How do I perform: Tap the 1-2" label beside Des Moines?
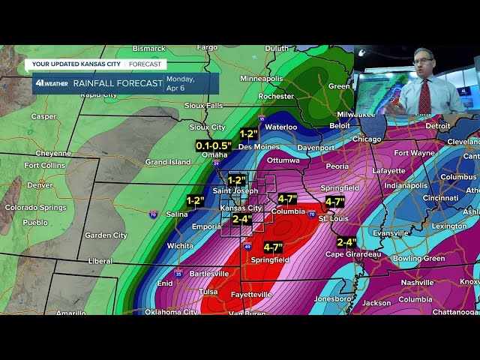pos(248,134)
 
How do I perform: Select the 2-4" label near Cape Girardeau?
pos(346,242)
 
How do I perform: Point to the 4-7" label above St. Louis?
pos(334,202)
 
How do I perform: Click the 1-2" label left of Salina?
pos(195,201)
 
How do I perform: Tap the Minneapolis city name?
pos(262,78)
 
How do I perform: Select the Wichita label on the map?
pos(180,245)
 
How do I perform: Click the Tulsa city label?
pos(208,292)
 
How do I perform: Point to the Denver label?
pos(40,184)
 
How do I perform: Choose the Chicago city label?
pos(367,139)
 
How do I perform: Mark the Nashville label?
pos(417,283)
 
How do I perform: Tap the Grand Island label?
pos(167,162)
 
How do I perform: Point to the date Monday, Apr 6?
pos(180,82)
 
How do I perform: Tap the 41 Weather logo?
pos(51,83)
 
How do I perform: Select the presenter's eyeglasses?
pos(423,61)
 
